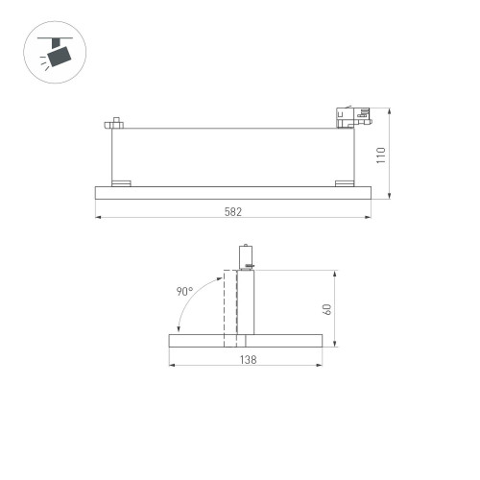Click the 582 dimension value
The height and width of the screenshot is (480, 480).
pos(233,212)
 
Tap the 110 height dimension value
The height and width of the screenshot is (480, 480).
pos(381,156)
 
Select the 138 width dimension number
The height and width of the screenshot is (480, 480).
pos(249,360)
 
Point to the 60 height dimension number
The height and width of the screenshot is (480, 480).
pos(327,309)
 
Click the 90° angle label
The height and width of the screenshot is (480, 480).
pos(184,291)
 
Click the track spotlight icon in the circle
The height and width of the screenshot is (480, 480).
pos(55,53)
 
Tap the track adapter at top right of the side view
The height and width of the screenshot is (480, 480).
pos(354,117)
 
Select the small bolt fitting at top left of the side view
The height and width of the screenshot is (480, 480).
pos(114,123)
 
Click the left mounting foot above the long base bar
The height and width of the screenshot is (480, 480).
pos(121,183)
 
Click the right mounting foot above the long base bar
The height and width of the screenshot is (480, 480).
pos(345,183)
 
